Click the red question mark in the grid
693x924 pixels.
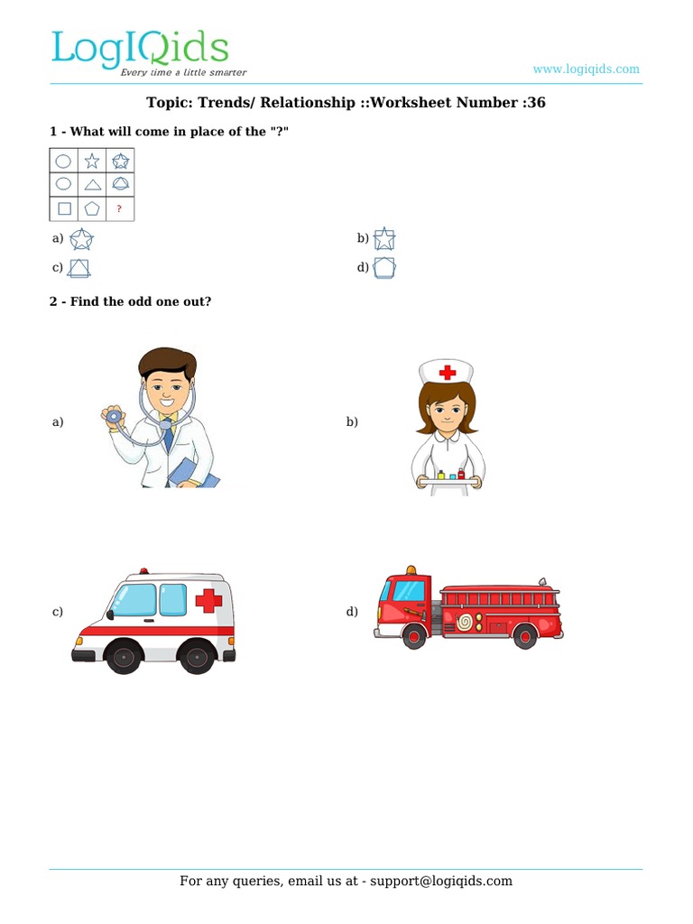[x=120, y=208]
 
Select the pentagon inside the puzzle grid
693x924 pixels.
[x=92, y=208]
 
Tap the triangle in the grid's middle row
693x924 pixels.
[x=93, y=185]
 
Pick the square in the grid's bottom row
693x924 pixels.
[x=64, y=208]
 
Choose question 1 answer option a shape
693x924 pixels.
[x=81, y=239]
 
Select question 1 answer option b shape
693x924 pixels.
[x=384, y=238]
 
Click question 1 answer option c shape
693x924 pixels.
[x=79, y=268]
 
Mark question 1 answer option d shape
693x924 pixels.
[x=384, y=267]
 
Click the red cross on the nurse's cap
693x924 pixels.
[x=448, y=373]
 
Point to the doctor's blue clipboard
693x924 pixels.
[x=193, y=473]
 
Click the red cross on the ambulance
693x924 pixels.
[x=208, y=600]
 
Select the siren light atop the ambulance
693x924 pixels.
[x=143, y=571]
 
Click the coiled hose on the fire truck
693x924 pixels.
[x=465, y=622]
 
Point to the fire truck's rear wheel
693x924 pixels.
[x=524, y=636]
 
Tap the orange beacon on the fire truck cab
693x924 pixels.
[x=411, y=570]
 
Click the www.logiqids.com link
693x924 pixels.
[x=586, y=69]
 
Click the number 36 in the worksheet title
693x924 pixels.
[x=536, y=103]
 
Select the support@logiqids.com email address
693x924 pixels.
[x=441, y=881]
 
